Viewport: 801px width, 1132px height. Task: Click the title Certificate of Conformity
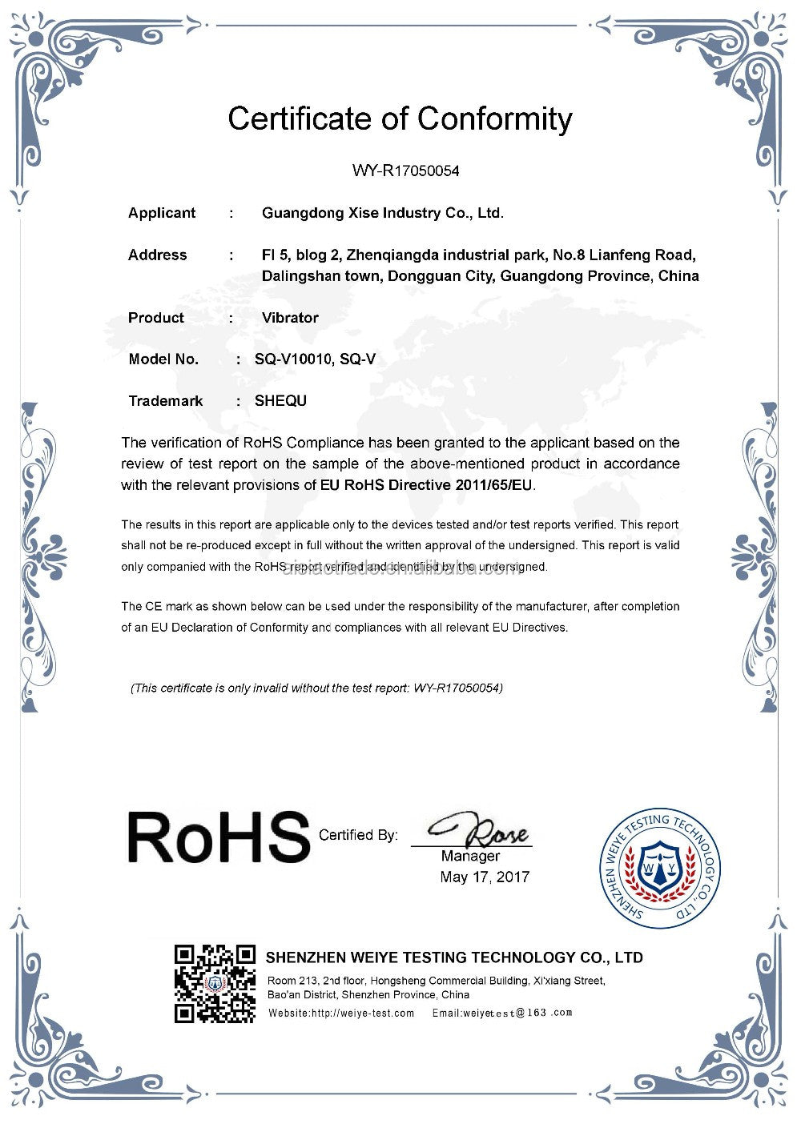400,119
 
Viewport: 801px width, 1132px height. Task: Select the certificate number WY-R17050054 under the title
406,171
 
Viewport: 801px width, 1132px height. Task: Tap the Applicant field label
162,213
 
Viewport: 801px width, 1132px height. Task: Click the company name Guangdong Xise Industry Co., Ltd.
383,213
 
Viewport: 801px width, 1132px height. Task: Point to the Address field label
157,255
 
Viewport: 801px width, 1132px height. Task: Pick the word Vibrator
290,318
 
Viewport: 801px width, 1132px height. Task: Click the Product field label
156,318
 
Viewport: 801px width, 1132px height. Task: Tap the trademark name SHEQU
280,401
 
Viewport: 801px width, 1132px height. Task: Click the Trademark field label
166,401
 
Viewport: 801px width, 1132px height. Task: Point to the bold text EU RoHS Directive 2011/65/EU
427,484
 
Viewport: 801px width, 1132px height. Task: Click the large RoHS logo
218,837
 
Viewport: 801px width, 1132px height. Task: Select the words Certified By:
358,835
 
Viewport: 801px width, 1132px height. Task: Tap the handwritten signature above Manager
478,831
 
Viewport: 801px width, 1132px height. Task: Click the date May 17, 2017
485,877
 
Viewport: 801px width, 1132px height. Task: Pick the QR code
215,984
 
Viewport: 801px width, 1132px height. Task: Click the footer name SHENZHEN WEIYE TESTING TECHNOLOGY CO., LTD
453,957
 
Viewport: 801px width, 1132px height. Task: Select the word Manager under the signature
470,856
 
